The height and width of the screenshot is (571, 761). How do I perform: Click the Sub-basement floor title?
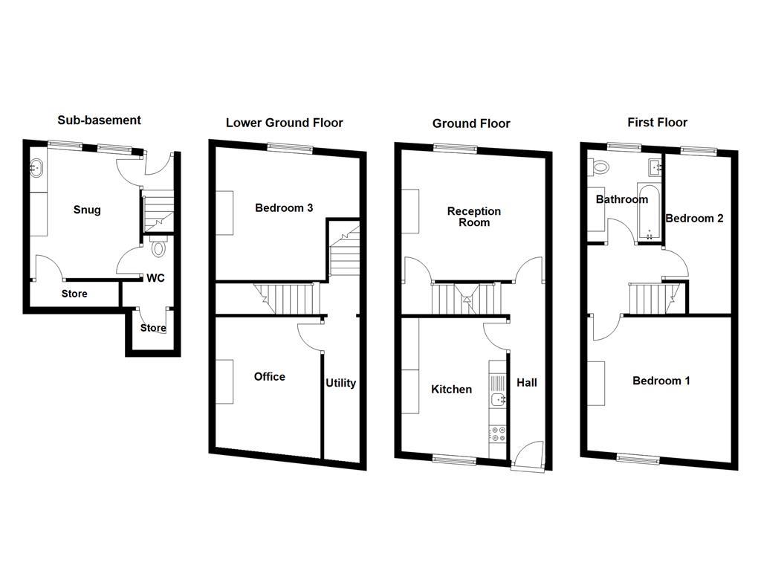point(99,120)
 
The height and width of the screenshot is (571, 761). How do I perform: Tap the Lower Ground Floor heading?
point(284,123)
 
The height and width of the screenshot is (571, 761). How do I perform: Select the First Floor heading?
point(657,123)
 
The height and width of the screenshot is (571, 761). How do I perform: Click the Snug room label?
point(87,210)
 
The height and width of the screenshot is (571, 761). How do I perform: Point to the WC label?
point(155,278)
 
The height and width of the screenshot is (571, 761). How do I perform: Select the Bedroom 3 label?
point(284,207)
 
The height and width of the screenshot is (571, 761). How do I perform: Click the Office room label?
point(269,377)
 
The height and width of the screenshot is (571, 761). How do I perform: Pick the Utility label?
point(340,383)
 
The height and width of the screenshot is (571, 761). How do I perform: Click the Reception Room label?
point(473,216)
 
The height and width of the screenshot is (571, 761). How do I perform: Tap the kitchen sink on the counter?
point(498,400)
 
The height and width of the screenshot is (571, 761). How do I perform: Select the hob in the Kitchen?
point(498,434)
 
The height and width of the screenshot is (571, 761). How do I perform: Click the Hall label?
point(526,383)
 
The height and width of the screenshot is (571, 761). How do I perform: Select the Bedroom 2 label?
point(694,219)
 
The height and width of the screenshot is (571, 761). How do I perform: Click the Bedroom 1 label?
point(661,381)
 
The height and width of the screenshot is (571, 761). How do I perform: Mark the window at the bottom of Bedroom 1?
point(637,459)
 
